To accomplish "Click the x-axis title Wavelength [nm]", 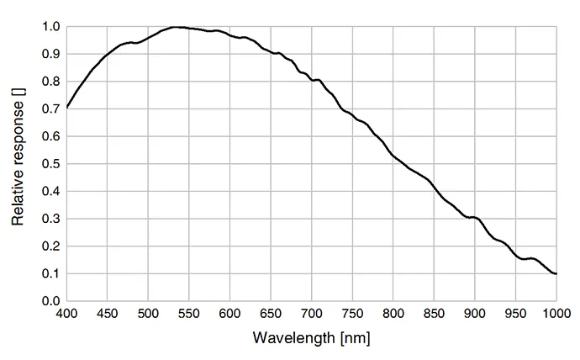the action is click(311, 338).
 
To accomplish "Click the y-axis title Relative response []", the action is click(18, 157).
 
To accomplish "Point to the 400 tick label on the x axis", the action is click(66, 314).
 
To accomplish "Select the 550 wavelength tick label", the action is click(189, 314).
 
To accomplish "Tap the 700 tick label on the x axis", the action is click(312, 314).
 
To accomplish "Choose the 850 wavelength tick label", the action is click(434, 314).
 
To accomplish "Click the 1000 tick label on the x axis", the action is click(556, 314).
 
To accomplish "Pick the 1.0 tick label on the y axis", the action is click(50, 27).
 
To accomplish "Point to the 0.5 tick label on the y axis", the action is click(50, 164).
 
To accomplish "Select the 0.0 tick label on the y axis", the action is click(50, 301).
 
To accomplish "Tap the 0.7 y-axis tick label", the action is click(50, 109).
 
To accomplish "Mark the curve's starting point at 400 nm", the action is click(67, 108).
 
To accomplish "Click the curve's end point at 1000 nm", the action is click(556, 274).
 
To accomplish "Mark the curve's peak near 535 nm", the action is click(176, 27).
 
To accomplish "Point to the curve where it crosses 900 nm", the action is click(475, 217).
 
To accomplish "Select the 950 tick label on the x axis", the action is click(515, 314).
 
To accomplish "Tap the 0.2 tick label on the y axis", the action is click(50, 246).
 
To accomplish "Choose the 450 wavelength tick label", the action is click(108, 314).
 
